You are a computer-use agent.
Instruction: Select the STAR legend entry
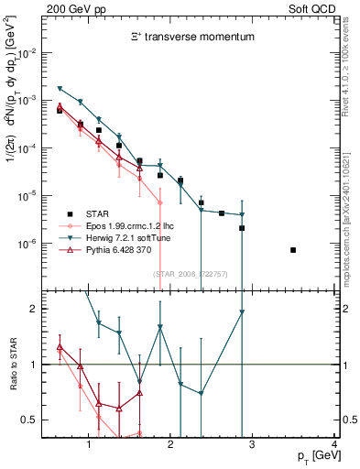(104, 213)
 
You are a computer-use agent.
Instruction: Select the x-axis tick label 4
(334, 444)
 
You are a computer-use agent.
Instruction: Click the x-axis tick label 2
(170, 444)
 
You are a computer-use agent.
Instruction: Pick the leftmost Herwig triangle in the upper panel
(60, 89)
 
